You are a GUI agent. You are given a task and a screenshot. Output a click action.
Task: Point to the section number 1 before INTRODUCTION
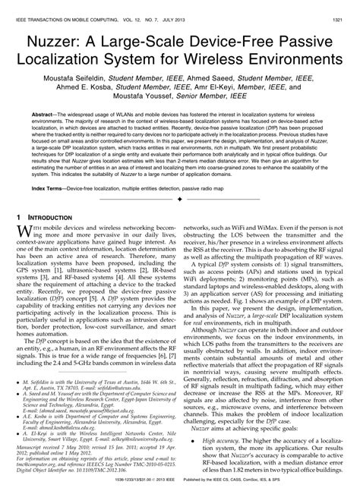click(20, 217)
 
